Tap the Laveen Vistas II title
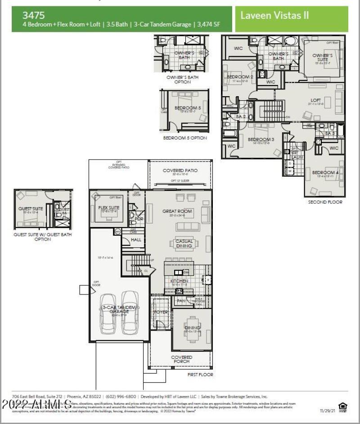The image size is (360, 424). point(274,15)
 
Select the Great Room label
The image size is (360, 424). point(177,211)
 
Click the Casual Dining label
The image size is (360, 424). point(184,243)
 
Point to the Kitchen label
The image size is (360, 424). point(179,281)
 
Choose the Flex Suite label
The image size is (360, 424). point(108,208)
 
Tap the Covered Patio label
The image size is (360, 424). point(180,171)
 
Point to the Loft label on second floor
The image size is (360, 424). point(316,100)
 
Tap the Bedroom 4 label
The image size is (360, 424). point(324,173)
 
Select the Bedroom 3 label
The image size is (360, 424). point(261,139)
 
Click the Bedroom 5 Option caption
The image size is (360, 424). point(185,138)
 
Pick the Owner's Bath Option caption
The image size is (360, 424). point(182,80)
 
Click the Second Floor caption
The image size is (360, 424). point(325,202)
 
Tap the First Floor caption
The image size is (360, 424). point(200,374)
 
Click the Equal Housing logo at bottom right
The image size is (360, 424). point(343,407)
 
